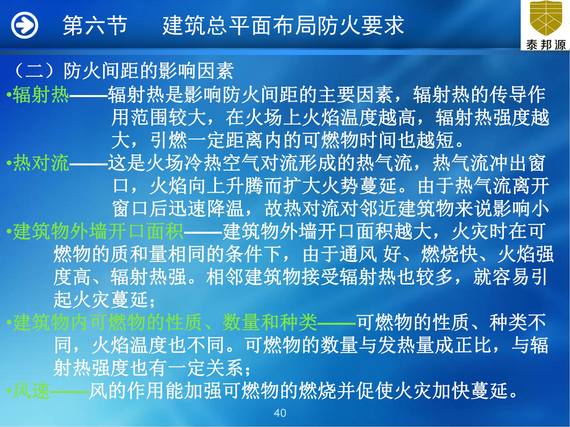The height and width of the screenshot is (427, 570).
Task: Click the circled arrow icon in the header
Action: tap(25, 25)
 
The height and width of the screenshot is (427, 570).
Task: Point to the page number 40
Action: tap(280, 413)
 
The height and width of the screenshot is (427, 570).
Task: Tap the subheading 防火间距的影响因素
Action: tap(148, 71)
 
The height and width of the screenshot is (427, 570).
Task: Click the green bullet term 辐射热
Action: tap(41, 95)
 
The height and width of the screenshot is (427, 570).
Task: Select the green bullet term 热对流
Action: tap(41, 163)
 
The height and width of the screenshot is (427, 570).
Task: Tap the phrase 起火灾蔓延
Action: tap(101, 300)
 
